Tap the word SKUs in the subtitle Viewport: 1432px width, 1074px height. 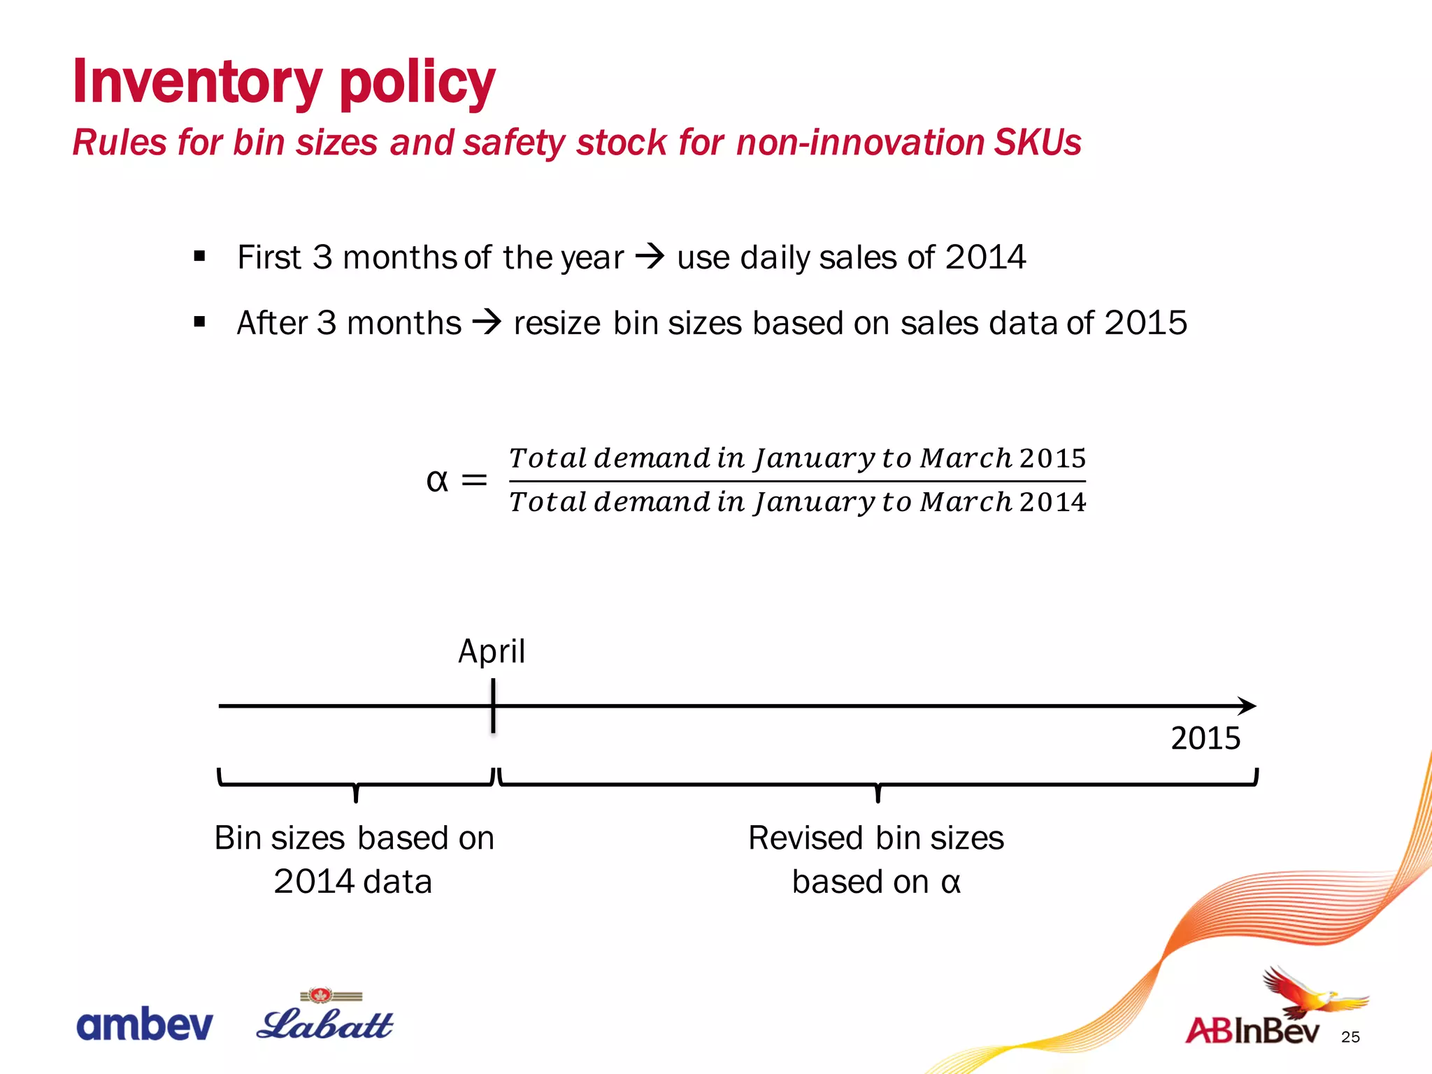tap(1038, 143)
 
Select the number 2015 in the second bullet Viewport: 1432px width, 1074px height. tap(1146, 323)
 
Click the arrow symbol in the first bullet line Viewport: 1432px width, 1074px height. tap(650, 257)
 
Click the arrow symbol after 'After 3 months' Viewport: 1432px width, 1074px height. tap(487, 322)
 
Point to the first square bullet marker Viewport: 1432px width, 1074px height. tap(200, 256)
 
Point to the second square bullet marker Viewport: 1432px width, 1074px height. tap(200, 322)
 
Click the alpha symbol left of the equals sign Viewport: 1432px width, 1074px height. tap(437, 480)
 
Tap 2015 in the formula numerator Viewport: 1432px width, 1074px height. tap(1052, 459)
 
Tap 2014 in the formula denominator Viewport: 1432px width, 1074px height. tap(1052, 502)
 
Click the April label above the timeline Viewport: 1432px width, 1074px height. tap(492, 652)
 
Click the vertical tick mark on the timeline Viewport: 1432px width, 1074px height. tap(493, 706)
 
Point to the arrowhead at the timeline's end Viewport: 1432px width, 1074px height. tap(1247, 706)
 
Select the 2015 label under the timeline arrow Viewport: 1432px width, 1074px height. tap(1205, 738)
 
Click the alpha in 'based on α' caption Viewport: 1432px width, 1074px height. tap(951, 882)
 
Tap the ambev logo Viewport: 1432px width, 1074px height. tap(145, 1024)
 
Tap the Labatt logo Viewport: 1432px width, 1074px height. tap(325, 1019)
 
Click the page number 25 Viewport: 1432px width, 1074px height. tap(1350, 1037)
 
